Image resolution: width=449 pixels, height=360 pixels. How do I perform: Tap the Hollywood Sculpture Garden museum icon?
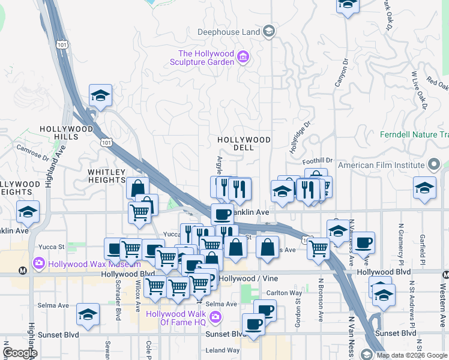(x=243, y=58)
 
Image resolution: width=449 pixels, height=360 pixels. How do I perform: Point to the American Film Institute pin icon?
(x=433, y=165)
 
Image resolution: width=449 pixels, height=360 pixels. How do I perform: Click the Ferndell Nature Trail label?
(x=414, y=134)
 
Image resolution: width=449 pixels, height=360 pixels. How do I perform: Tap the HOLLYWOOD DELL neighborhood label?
(x=244, y=143)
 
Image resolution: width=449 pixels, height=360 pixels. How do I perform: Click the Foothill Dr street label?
(x=318, y=160)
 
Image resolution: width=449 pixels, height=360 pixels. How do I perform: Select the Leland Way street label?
(x=223, y=350)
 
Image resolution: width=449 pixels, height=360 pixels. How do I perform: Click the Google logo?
(x=20, y=353)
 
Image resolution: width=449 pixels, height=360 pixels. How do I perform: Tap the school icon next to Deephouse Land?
(x=270, y=31)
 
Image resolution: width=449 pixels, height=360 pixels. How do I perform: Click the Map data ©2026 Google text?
(x=412, y=355)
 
